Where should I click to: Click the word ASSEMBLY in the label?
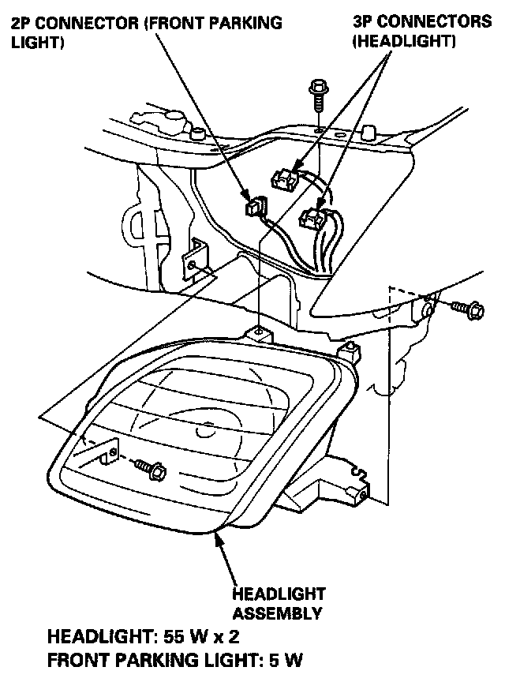[278, 613]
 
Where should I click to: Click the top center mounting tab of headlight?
[259, 332]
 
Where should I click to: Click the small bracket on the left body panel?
[193, 260]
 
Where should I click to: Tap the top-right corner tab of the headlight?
[345, 349]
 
